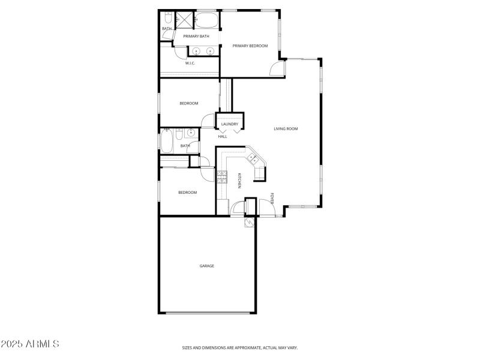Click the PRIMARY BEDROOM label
click(250, 46)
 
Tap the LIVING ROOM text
click(286, 128)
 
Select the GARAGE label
click(207, 266)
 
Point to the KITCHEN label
click(239, 180)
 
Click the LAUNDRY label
click(230, 124)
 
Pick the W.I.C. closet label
click(190, 63)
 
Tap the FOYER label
click(272, 199)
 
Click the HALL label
click(223, 136)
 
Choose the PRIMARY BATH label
click(196, 36)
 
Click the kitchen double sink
click(253, 158)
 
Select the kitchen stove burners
click(222, 176)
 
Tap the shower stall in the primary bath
click(185, 19)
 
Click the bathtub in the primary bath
click(208, 20)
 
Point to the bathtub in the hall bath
click(166, 142)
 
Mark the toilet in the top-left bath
click(167, 16)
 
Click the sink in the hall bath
click(189, 133)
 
